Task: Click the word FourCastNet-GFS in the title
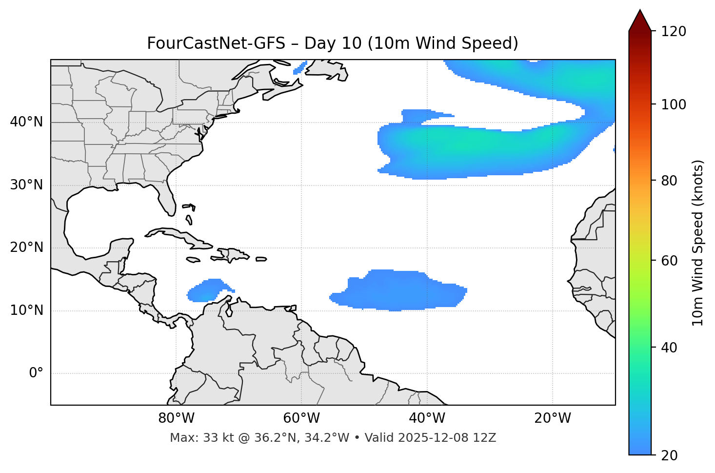click(216, 43)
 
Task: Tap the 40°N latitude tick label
click(26, 122)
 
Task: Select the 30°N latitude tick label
click(26, 185)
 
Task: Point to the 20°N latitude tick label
click(26, 247)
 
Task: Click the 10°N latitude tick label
click(26, 310)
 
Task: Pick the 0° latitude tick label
click(36, 373)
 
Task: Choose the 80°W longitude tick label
click(176, 418)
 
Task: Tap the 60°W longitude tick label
click(301, 418)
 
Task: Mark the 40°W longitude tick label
click(427, 418)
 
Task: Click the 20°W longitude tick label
click(552, 418)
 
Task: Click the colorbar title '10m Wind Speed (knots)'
click(698, 243)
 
